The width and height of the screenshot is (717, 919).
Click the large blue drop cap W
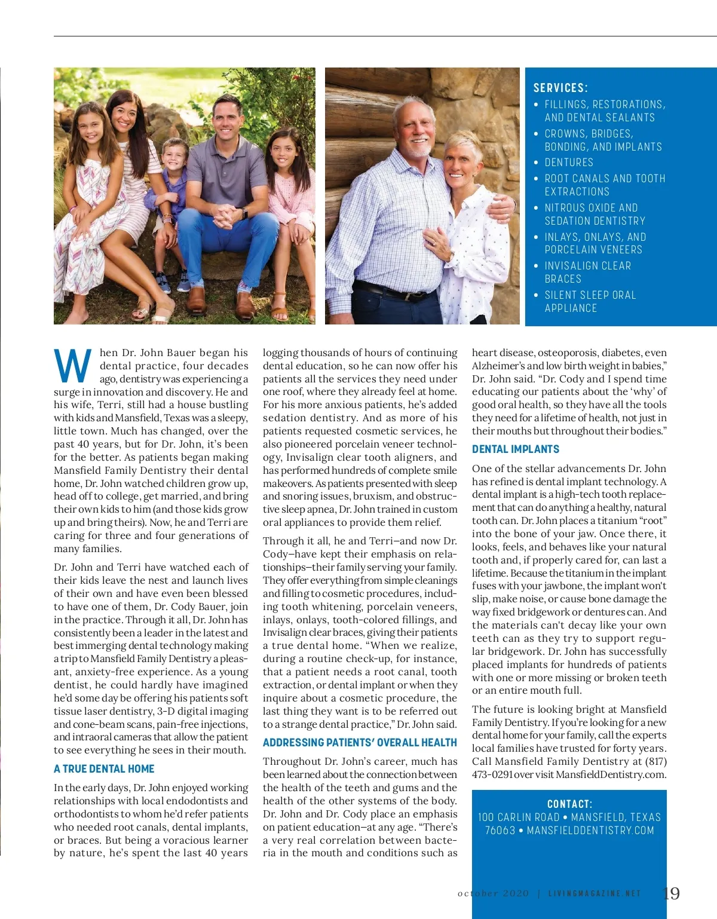click(73, 365)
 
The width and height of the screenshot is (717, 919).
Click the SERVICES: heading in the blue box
click(560, 88)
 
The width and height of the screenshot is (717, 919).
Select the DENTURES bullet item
click(569, 163)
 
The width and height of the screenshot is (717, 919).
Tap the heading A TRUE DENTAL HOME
click(104, 769)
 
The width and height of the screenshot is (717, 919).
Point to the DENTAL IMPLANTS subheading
click(516, 449)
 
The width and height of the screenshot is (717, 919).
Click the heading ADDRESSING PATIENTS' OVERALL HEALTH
click(360, 743)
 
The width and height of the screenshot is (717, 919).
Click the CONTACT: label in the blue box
click(569, 804)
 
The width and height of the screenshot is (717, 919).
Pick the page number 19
click(671, 893)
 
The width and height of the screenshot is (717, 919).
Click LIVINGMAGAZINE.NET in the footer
click(595, 894)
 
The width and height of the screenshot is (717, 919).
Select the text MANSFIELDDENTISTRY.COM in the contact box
click(590, 831)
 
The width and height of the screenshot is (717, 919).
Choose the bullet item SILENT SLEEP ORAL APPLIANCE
click(590, 301)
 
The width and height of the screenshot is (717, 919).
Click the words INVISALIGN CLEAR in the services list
click(588, 266)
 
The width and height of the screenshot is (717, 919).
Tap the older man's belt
click(388, 290)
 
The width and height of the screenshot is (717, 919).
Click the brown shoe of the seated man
click(245, 304)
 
